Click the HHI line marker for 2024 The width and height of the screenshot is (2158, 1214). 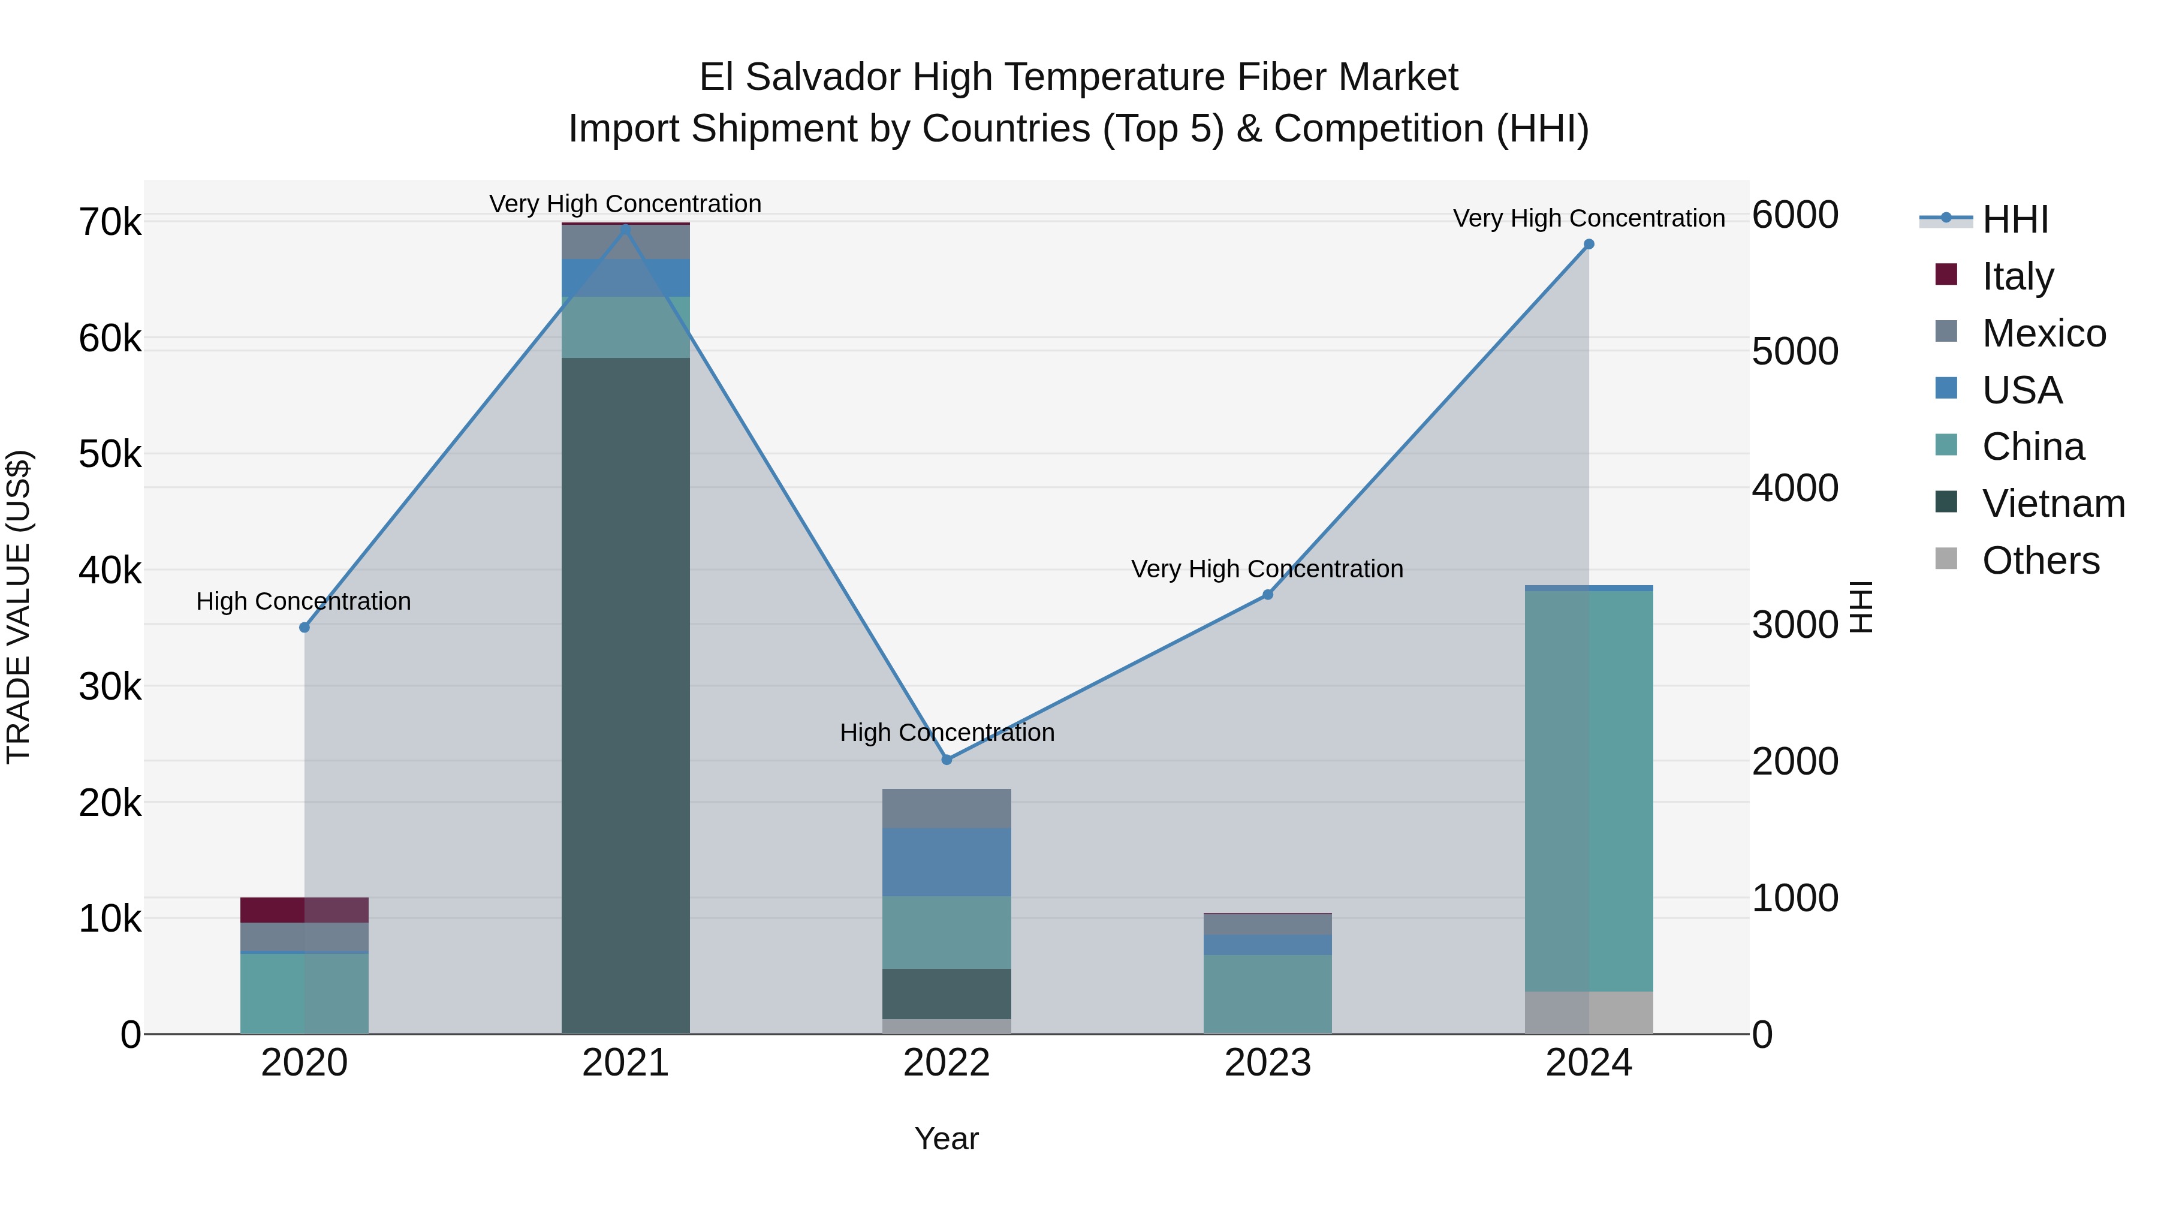pyautogui.click(x=1589, y=245)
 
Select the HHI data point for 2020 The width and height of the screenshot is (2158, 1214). pyautogui.click(x=304, y=628)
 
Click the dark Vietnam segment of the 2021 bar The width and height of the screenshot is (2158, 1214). pyautogui.click(x=625, y=695)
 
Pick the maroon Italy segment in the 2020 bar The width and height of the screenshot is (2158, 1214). pyautogui.click(x=304, y=910)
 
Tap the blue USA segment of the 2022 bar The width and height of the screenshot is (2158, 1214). pyautogui.click(x=947, y=861)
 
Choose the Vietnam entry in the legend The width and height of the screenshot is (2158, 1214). pyautogui.click(x=2053, y=504)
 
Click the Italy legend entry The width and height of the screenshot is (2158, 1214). pyautogui.click(x=2017, y=276)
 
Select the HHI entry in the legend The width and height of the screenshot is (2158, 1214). pyautogui.click(x=2015, y=219)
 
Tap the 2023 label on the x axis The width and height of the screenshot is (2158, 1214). pyautogui.click(x=1267, y=1063)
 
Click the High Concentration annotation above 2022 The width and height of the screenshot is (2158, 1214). pyautogui.click(x=947, y=732)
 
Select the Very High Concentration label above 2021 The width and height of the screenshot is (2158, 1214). pyautogui.click(x=625, y=204)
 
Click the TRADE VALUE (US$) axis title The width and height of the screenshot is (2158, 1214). pyautogui.click(x=19, y=607)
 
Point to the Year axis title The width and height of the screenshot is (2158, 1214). pyautogui.click(x=947, y=1138)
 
